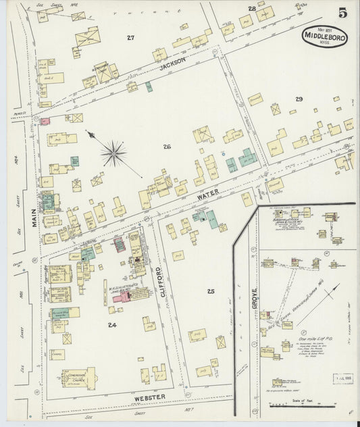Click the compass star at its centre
[113, 153]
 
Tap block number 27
[130, 38]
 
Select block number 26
[166, 146]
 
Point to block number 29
[299, 99]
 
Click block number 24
[111, 324]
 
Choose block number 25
[211, 291]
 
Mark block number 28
[251, 8]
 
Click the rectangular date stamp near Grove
[342, 378]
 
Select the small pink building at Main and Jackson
[45, 122]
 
